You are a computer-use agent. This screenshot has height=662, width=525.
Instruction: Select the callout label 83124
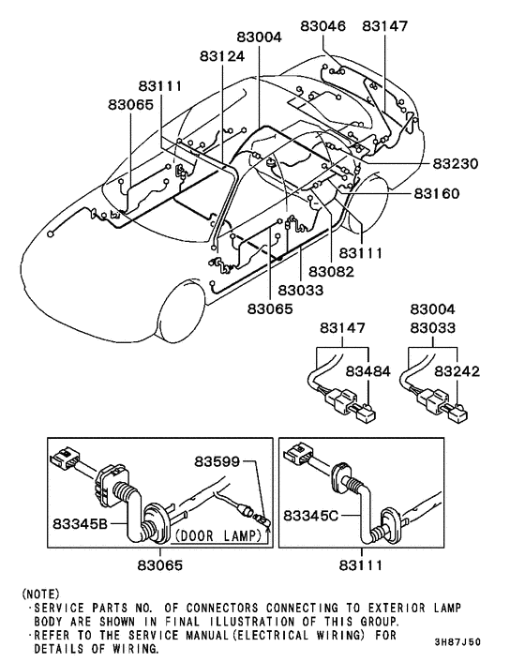pyautogui.click(x=222, y=56)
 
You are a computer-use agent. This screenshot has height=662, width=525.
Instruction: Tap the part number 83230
pyautogui.click(x=455, y=163)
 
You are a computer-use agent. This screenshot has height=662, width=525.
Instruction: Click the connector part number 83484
pyautogui.click(x=368, y=372)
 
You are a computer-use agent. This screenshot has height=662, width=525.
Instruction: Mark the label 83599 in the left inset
pyautogui.click(x=218, y=461)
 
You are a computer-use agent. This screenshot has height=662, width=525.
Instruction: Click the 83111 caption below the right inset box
pyautogui.click(x=386, y=566)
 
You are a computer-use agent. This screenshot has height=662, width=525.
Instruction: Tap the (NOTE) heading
pyautogui.click(x=39, y=594)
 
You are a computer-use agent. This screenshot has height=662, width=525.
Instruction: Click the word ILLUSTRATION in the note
pyautogui.click(x=294, y=621)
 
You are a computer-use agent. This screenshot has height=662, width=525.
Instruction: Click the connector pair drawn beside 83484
pyautogui.click(x=347, y=406)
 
